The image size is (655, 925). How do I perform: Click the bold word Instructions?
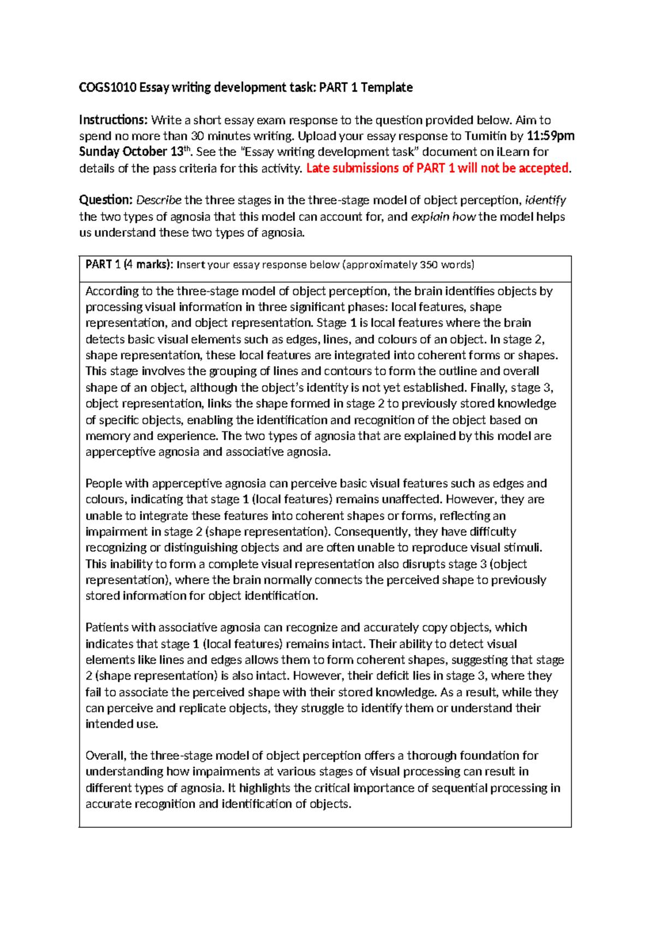point(113,120)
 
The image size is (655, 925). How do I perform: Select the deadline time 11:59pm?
point(550,136)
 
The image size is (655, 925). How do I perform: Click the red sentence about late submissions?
point(437,168)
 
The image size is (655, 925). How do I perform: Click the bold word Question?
point(106,200)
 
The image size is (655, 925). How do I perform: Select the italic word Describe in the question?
point(159,200)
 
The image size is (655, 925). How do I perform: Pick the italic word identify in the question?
point(545,200)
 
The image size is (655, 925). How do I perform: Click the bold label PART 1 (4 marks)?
point(129,265)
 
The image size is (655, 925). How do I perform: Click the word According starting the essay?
point(112,291)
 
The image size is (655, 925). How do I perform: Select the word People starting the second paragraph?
point(104,483)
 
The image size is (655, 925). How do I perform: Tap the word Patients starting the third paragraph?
point(106,627)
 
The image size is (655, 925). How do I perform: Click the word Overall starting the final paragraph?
point(106,755)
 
